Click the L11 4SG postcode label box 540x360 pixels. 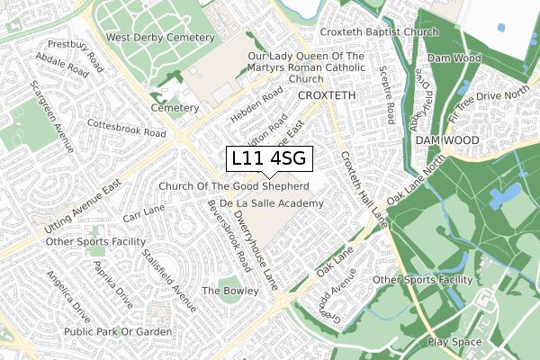[269, 159]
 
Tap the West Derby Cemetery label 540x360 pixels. [160, 38]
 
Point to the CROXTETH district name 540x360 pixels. [328, 94]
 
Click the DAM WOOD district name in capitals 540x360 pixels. [447, 141]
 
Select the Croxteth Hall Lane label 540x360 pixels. [362, 187]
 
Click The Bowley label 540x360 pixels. [223, 291]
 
